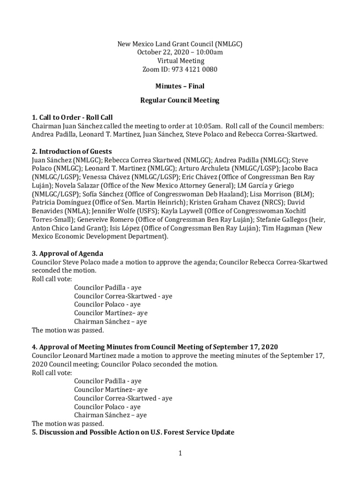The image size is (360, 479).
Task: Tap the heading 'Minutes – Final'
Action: [x=180, y=86]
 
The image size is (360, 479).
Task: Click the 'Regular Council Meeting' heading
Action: [x=180, y=100]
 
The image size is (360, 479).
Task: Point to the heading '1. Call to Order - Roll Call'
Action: [x=72, y=117]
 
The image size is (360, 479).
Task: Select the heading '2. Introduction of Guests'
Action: [x=72, y=152]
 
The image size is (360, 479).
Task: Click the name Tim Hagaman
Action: [x=284, y=228]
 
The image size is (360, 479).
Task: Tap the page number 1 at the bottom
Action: [x=180, y=453]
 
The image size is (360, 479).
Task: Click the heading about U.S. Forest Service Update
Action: [x=133, y=432]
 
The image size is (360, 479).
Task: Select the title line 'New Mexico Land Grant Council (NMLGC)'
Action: [x=180, y=44]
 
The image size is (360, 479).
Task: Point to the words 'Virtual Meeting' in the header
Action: [x=180, y=61]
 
